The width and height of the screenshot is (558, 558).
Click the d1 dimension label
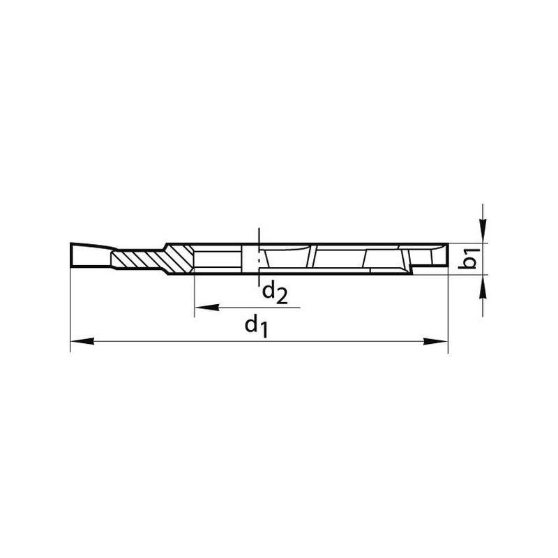(x=256, y=326)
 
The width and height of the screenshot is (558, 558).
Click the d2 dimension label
(x=275, y=292)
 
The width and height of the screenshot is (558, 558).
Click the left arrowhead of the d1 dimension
(x=82, y=341)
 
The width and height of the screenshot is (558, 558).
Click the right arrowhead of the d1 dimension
(x=435, y=341)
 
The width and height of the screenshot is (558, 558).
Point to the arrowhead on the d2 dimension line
(x=207, y=307)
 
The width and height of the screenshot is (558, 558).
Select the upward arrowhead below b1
(x=483, y=287)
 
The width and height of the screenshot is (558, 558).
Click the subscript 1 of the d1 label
(x=264, y=331)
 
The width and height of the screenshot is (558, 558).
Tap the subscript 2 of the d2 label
(x=282, y=297)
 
